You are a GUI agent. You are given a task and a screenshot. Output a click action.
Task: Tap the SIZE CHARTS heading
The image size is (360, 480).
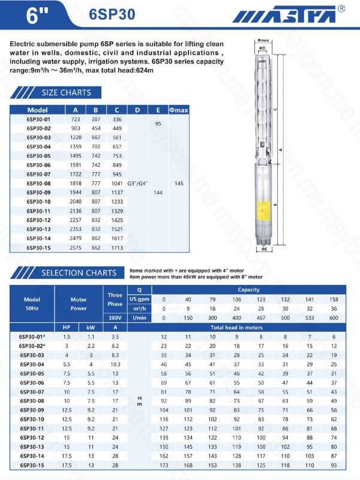tap(66, 92)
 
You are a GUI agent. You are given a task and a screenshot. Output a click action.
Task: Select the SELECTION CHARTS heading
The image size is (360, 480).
tap(79, 273)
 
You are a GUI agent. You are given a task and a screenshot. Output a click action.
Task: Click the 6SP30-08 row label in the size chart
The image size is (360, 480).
tap(38, 184)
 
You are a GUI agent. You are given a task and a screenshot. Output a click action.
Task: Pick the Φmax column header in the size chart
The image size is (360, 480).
tap(178, 110)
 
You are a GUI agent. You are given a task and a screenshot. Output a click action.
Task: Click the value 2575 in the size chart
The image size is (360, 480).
tap(75, 247)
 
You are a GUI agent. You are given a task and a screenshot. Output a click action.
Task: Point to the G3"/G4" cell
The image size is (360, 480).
tap(137, 184)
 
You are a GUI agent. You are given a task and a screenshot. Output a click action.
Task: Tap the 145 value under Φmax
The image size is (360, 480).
tap(178, 184)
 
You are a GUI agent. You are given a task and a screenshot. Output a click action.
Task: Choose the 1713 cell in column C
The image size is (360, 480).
tap(117, 247)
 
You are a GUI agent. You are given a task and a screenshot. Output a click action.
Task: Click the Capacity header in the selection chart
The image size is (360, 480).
tap(248, 290)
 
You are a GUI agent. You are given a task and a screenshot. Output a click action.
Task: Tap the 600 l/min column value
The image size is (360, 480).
tap(334, 317)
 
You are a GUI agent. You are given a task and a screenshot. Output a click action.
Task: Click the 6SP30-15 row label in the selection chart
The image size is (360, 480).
tap(31, 465)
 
